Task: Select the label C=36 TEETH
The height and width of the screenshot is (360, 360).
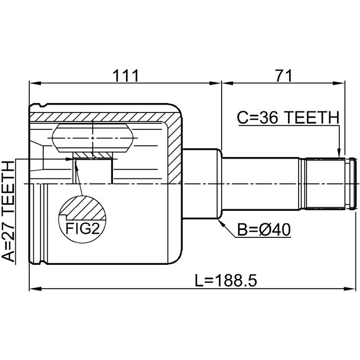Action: [287, 118]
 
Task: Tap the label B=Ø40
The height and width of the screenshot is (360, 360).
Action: [263, 229]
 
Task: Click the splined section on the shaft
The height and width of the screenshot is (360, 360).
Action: [323, 184]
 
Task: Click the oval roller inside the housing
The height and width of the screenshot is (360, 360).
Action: [93, 138]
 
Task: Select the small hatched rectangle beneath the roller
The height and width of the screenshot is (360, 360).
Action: [93, 155]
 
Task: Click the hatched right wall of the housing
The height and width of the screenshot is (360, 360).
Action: [174, 146]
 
